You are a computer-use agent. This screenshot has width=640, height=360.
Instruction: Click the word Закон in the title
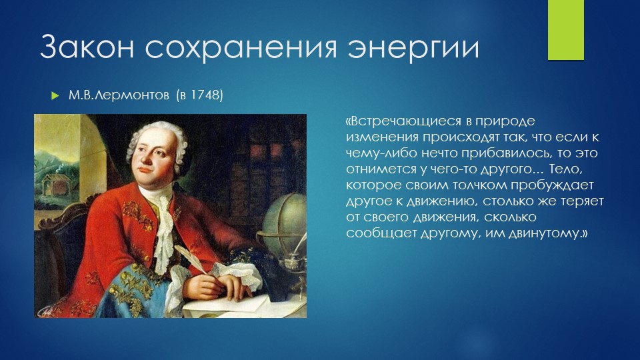[x=87, y=46]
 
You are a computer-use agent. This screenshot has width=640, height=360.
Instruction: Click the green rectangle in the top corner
[x=566, y=30]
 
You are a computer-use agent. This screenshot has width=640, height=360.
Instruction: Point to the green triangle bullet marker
[x=55, y=96]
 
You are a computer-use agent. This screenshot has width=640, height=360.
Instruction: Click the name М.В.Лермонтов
[x=119, y=95]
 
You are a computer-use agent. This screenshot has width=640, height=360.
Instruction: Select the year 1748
[x=207, y=95]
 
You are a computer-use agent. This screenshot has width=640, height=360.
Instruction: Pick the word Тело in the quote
[x=564, y=169]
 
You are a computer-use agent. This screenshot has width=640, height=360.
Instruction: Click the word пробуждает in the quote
[x=551, y=185]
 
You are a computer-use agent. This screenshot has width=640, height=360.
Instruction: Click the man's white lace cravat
[x=164, y=229]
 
